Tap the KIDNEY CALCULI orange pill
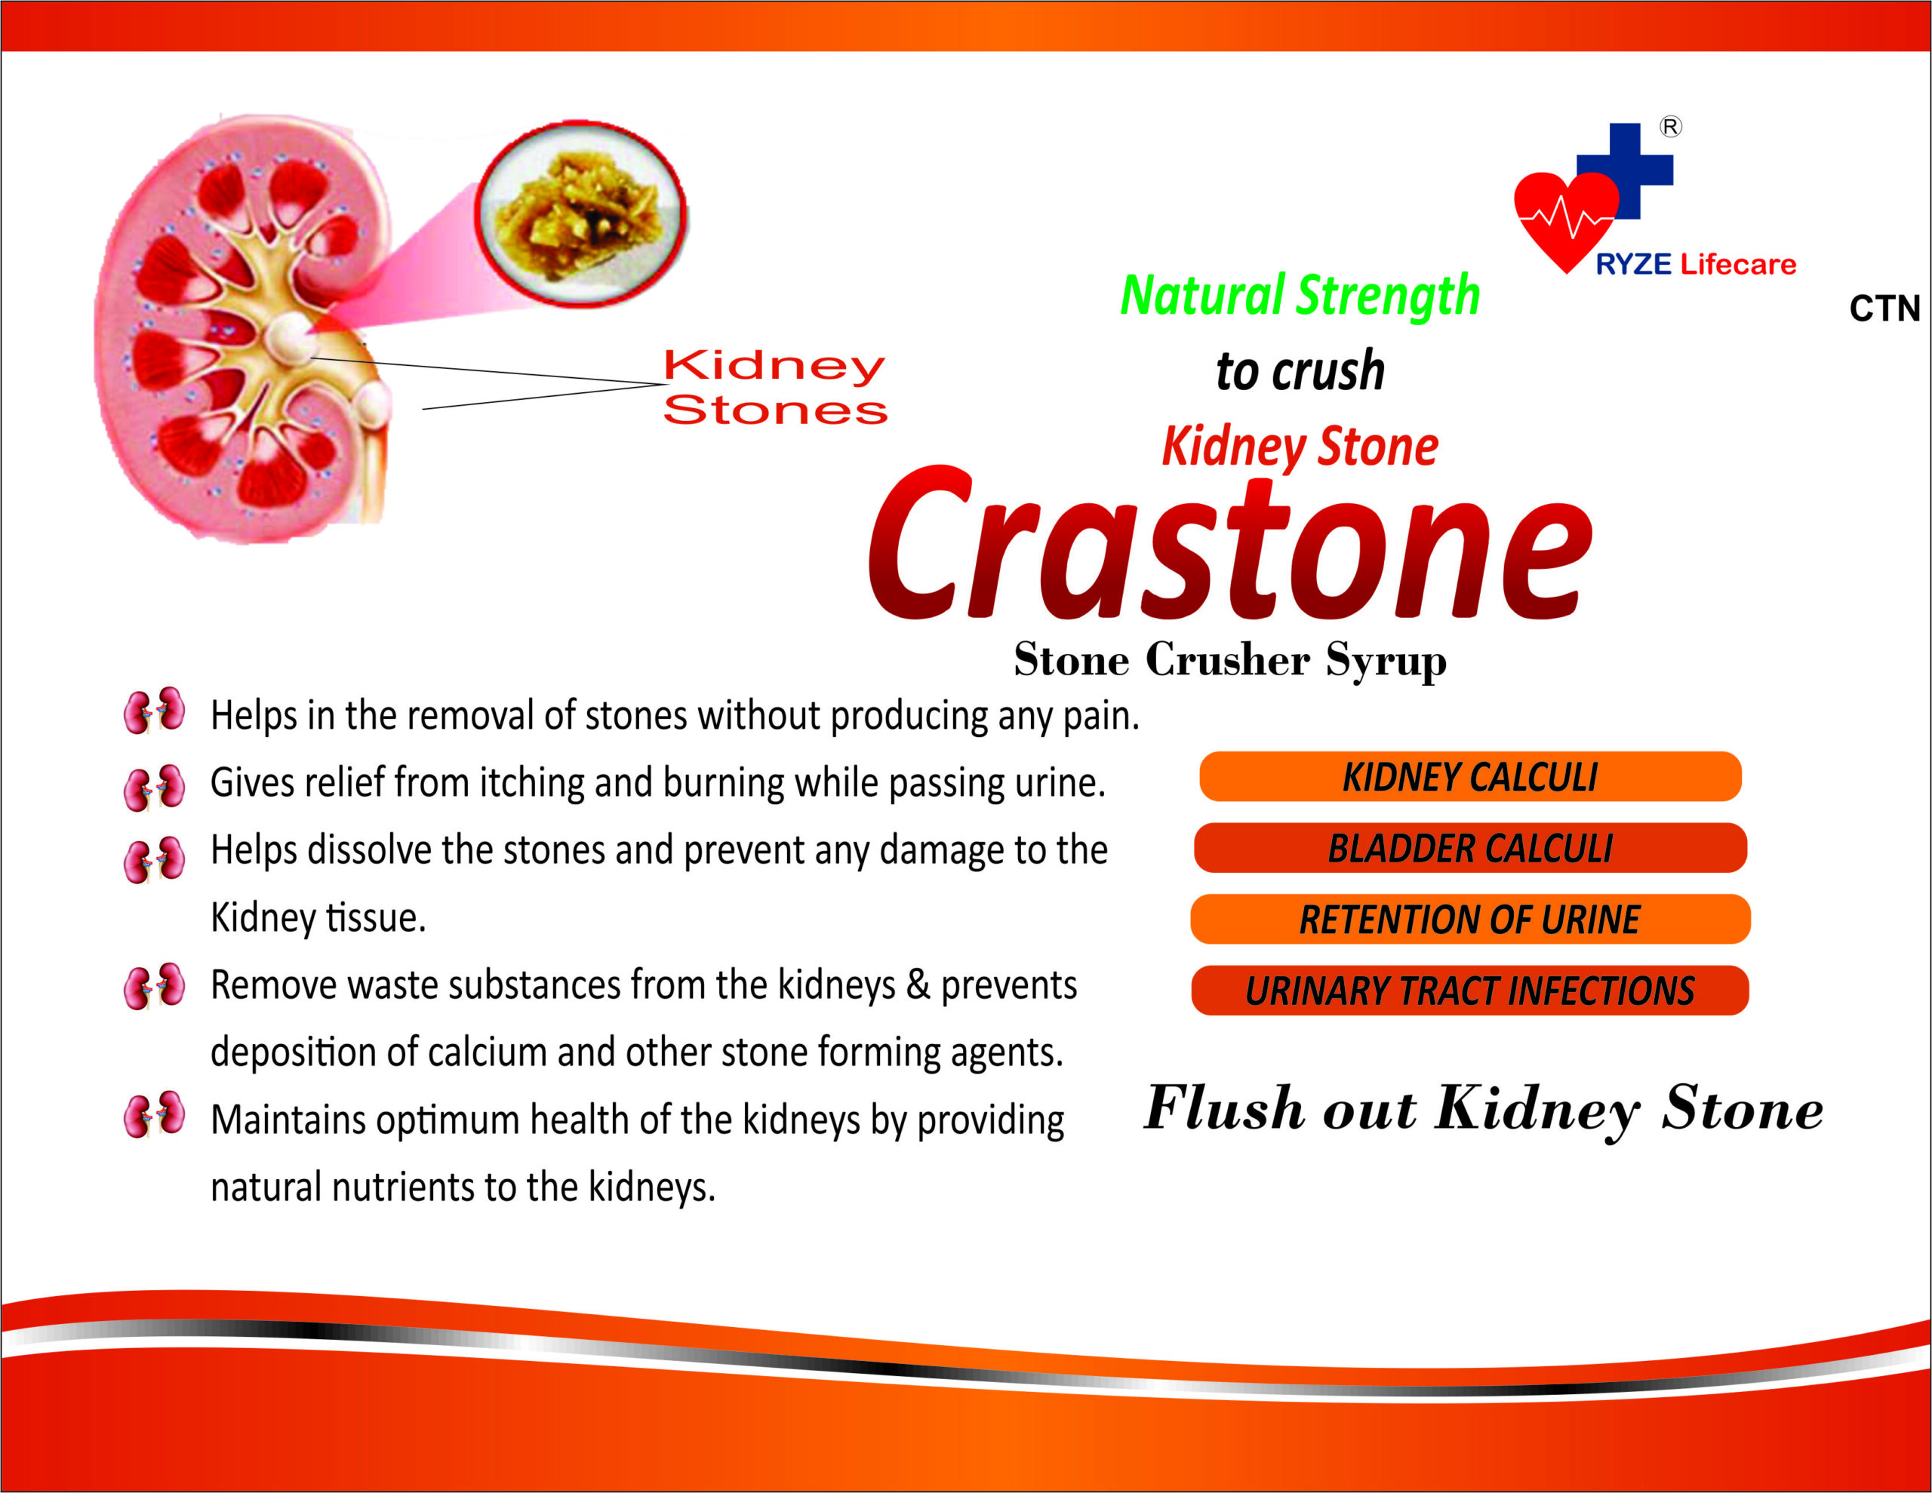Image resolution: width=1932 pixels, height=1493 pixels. pos(1470,776)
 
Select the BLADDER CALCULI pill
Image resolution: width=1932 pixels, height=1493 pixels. pos(1470,847)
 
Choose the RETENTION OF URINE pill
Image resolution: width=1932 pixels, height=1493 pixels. pos(1470,919)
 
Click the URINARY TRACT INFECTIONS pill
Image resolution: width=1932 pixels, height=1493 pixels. pos(1470,991)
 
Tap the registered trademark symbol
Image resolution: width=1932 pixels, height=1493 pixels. pos(1670,127)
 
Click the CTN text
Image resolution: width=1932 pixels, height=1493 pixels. pos(1884,309)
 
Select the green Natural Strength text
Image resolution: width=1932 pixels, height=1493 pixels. pos(1300,296)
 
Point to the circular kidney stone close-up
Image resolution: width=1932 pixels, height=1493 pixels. pos(581,214)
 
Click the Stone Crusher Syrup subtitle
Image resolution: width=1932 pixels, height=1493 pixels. pos(1229,660)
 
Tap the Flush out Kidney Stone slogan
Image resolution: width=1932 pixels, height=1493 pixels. pos(1484,1109)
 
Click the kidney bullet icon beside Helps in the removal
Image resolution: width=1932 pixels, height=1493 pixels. pos(155,710)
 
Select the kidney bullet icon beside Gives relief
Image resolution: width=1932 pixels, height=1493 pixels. pos(155,787)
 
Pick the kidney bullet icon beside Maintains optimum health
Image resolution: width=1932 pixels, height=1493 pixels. pos(155,1114)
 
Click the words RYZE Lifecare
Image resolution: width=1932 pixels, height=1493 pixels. pos(1696,263)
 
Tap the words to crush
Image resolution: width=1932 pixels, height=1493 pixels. pos(1300,370)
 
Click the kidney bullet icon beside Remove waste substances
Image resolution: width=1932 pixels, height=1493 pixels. pos(155,986)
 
